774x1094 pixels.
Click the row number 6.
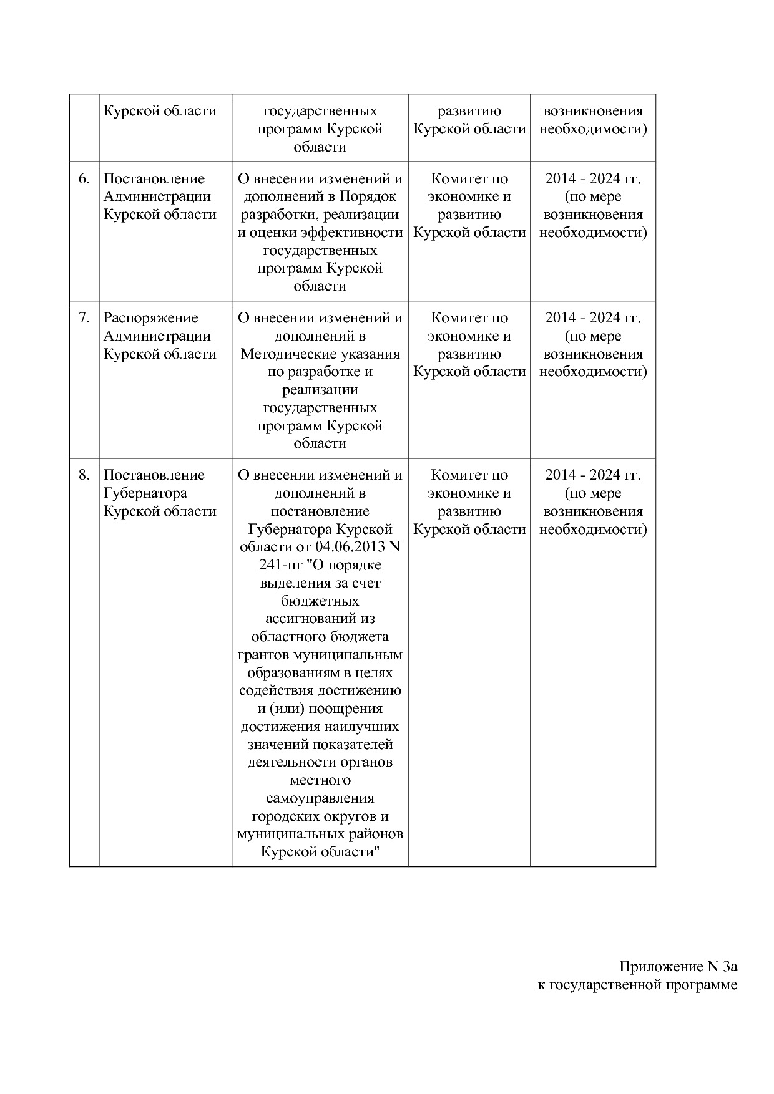(x=84, y=179)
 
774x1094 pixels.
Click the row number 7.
(x=84, y=318)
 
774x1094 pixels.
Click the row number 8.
(x=84, y=475)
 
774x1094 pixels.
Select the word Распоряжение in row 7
(x=150, y=318)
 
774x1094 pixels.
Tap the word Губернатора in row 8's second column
(x=145, y=493)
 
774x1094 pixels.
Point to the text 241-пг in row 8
(x=280, y=565)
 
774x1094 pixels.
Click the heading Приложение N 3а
(x=678, y=967)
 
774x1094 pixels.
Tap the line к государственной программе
(x=637, y=985)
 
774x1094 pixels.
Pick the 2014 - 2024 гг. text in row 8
(x=592, y=475)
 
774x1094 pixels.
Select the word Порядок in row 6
(x=368, y=196)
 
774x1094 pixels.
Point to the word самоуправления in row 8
(x=320, y=798)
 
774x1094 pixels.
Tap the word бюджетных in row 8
(x=320, y=601)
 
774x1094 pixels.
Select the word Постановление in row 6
(x=154, y=179)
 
